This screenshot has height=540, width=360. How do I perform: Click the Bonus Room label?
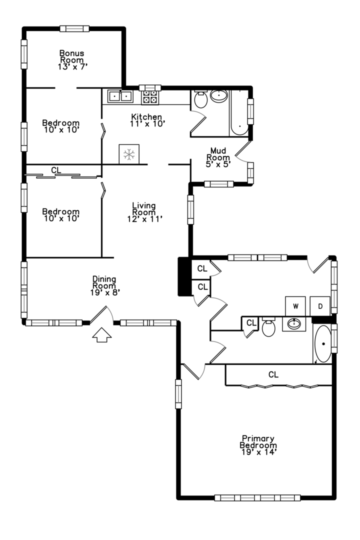[x=71, y=56]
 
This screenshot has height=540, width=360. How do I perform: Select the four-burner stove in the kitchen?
[x=150, y=96]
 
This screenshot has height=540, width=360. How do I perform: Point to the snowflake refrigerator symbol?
[x=129, y=154]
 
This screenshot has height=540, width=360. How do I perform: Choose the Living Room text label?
[x=143, y=209]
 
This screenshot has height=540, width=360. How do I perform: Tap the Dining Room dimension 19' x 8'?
[x=104, y=293]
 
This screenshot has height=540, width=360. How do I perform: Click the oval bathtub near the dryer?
[x=322, y=344]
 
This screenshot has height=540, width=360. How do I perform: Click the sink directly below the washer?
[x=294, y=324]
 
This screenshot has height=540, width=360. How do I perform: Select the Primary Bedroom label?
[x=258, y=442]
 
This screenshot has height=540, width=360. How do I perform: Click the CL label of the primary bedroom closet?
[x=273, y=374]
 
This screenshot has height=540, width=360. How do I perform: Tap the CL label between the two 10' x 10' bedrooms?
[x=56, y=170]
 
